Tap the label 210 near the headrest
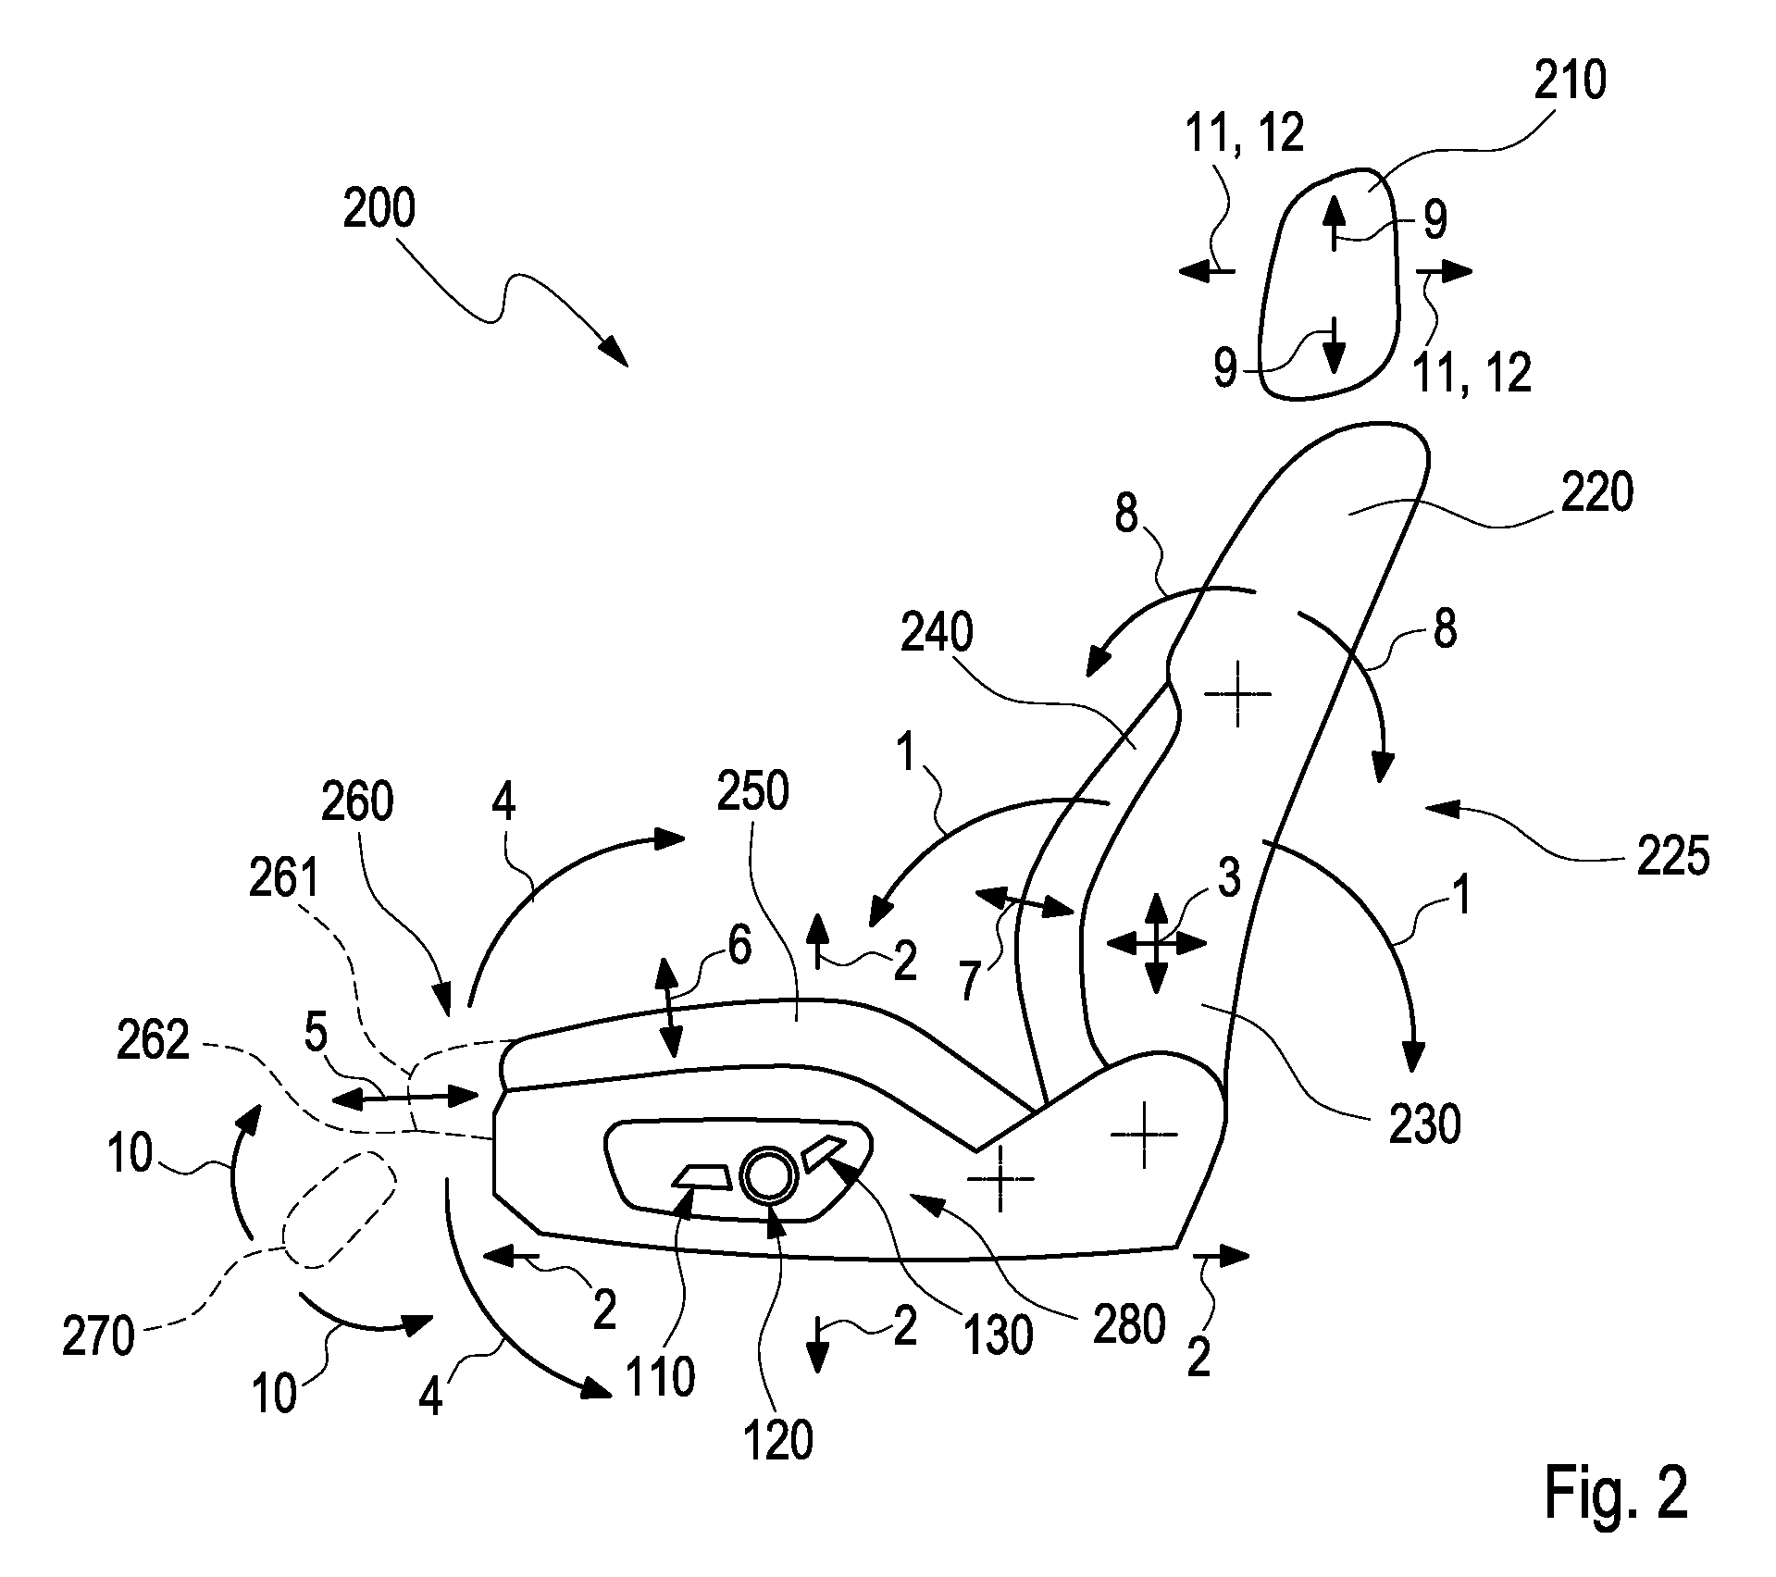coord(1570,81)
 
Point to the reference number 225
coord(1672,857)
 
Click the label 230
coord(1425,1124)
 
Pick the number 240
coord(938,634)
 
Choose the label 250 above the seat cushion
coord(753,791)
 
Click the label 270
coord(99,1338)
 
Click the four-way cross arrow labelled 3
coord(1157,944)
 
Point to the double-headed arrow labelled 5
coord(405,1098)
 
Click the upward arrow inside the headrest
coord(1333,223)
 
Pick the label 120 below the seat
coord(778,1440)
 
